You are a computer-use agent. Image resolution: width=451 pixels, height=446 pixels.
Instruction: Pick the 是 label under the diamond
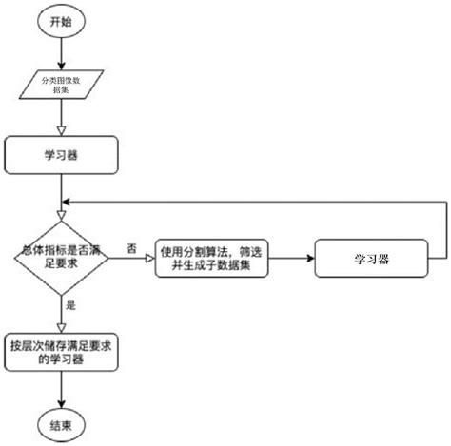pos(71,306)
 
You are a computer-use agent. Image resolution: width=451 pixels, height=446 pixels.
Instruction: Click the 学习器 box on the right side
pos(375,258)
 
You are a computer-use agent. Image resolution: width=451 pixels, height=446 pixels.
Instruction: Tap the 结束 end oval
pos(61,421)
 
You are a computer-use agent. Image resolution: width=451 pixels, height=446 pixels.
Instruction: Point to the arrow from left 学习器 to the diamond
pos(61,195)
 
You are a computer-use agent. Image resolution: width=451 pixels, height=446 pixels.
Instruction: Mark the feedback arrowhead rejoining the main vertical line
pos(67,203)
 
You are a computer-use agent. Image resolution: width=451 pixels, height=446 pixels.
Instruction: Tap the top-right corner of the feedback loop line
pos(446,203)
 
